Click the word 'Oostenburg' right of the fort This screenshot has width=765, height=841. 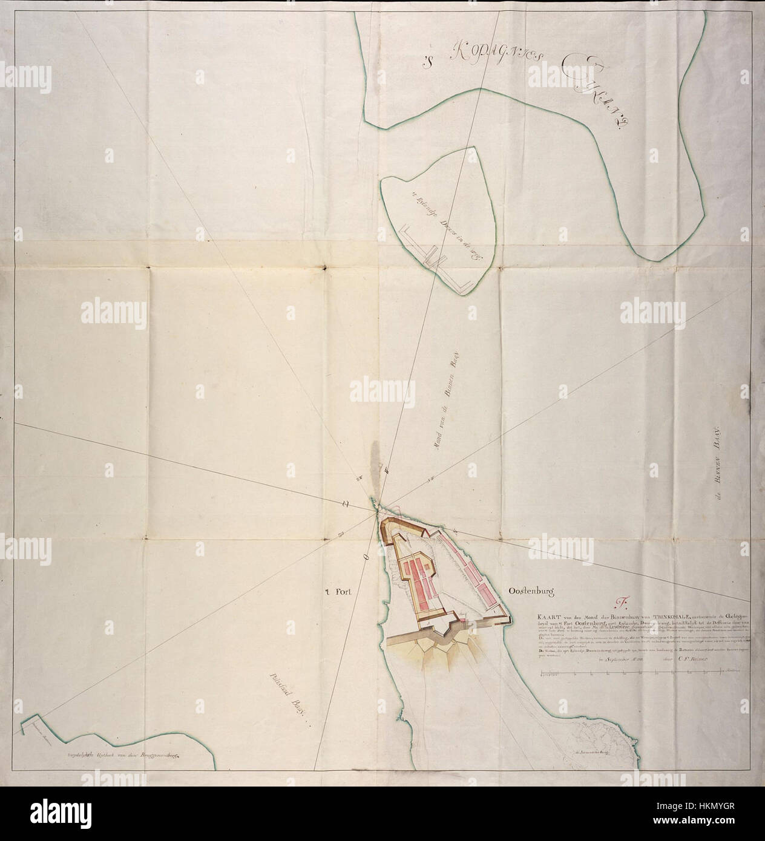point(528,593)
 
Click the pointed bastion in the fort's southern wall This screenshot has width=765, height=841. point(448,632)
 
